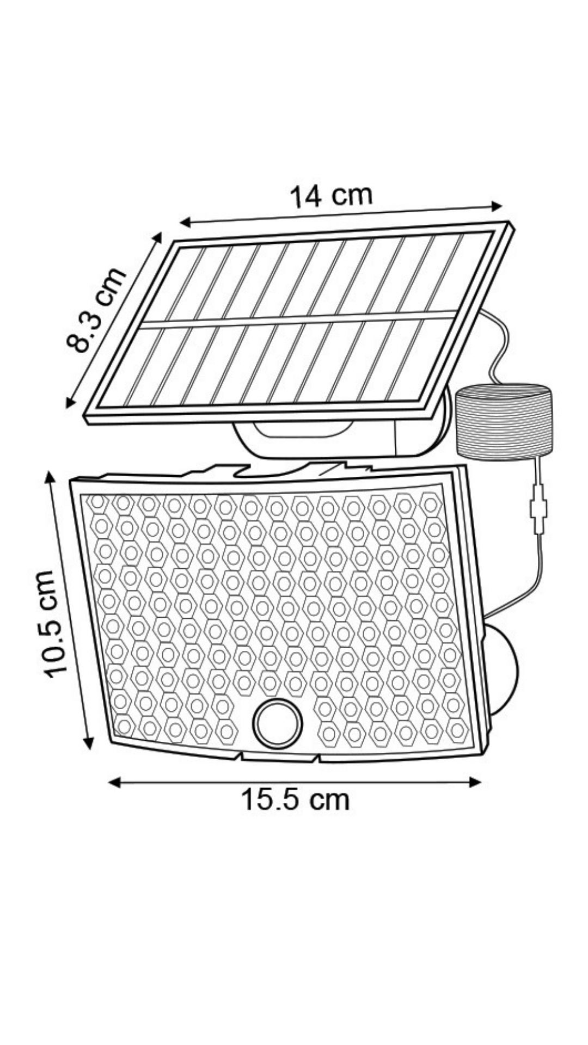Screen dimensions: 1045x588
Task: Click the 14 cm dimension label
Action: coord(330,196)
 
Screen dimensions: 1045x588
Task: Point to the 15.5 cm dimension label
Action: coord(295,800)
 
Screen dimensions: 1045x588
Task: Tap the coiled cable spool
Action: coord(503,420)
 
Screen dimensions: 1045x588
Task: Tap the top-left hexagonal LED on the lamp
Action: coord(98,502)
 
